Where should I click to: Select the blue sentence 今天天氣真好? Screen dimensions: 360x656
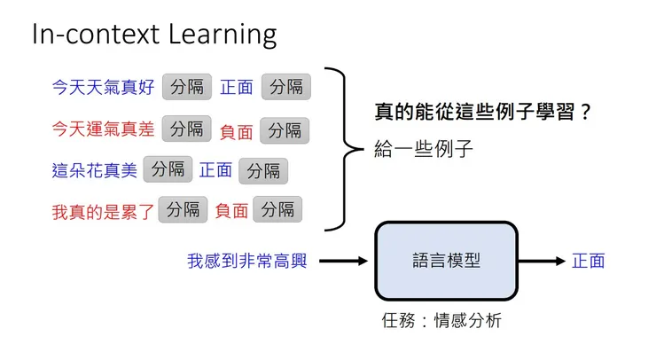tap(103, 87)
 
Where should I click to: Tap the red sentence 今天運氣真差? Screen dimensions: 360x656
tap(103, 129)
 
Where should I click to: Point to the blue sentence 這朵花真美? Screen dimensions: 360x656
tap(95, 170)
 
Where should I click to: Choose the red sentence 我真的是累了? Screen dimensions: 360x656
tap(103, 211)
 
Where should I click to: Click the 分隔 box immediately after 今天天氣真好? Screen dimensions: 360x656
tap(187, 86)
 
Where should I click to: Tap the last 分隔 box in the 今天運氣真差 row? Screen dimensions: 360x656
tap(285, 129)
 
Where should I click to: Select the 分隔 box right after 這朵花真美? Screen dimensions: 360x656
tap(168, 168)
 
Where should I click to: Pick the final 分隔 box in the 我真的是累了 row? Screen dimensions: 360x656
tap(277, 210)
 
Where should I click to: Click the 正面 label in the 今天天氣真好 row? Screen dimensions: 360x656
tap(237, 87)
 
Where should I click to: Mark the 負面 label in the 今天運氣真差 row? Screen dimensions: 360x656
tap(237, 131)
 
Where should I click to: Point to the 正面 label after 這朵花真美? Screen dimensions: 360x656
tap(215, 169)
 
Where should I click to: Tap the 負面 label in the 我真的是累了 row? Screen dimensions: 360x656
tap(231, 211)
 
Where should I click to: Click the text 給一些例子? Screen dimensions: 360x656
tap(425, 148)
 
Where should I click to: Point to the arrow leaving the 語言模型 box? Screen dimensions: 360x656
tap(542, 262)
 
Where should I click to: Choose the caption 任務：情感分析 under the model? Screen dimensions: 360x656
tap(441, 321)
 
